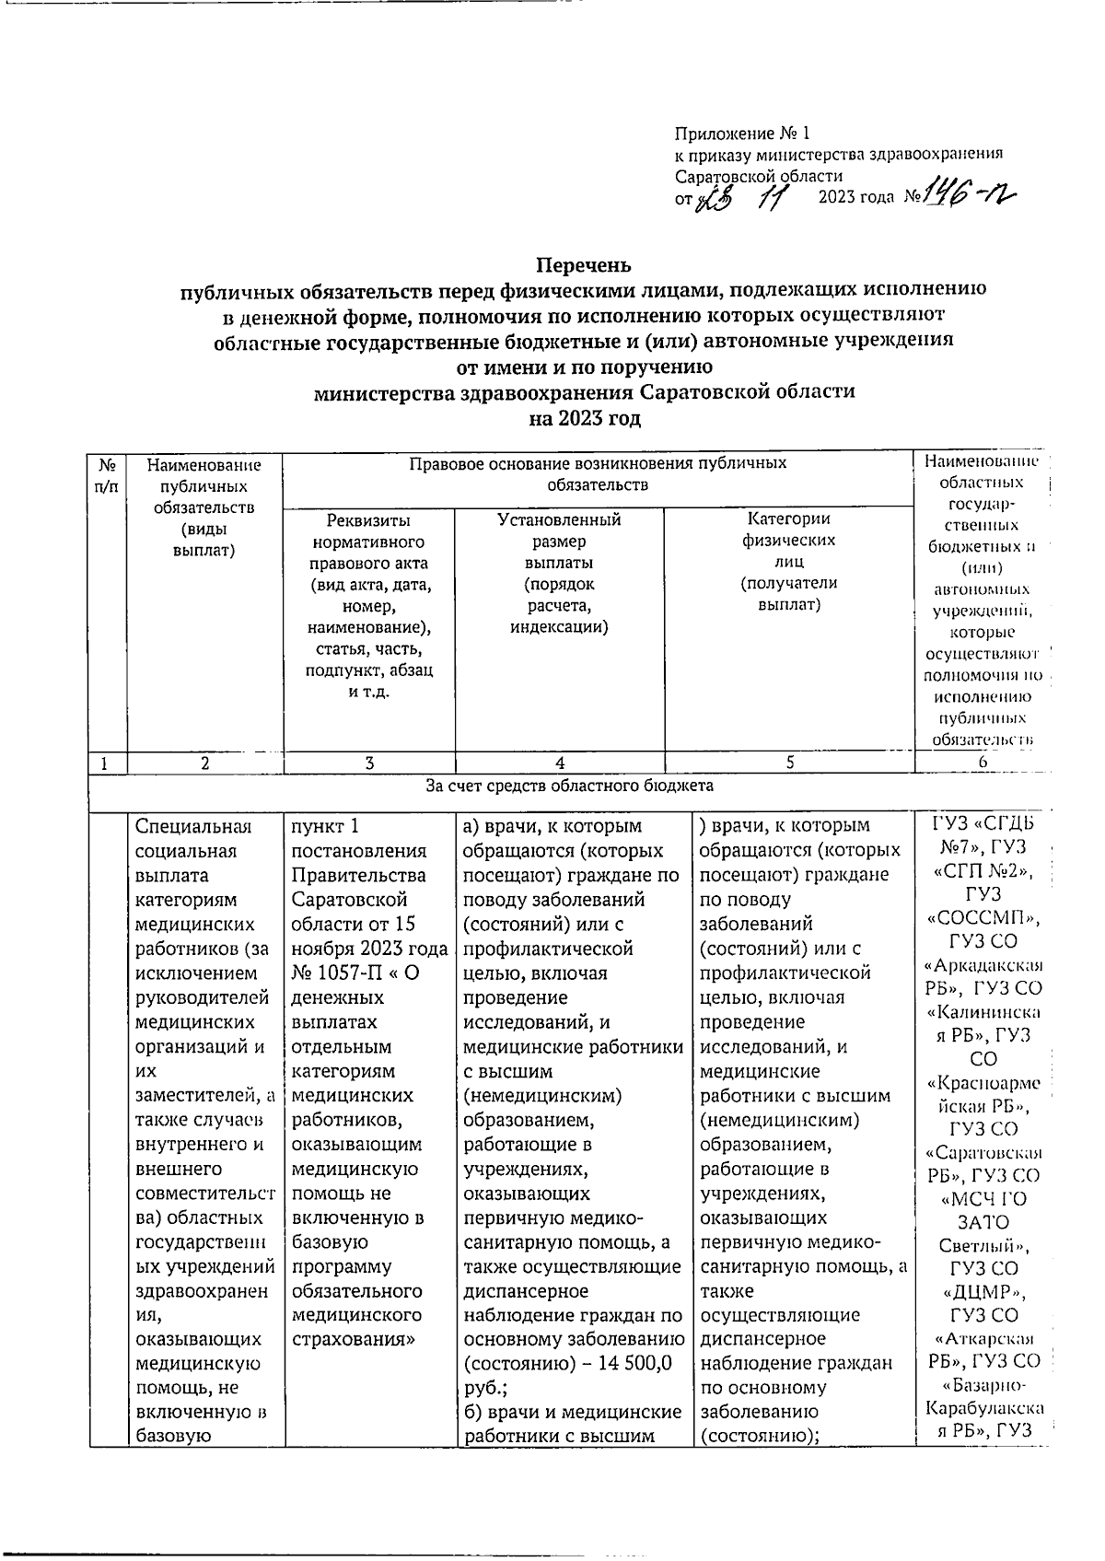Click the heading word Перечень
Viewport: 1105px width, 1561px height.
click(584, 265)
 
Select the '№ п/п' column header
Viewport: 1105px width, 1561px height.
click(107, 475)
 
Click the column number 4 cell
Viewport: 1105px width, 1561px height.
click(559, 763)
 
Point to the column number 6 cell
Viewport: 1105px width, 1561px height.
click(983, 763)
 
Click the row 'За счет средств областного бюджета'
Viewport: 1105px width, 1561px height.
click(569, 786)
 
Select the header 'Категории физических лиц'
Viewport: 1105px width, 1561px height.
click(789, 562)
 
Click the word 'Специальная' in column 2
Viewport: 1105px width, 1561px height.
click(192, 826)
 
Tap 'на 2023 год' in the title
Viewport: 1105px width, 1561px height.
click(584, 419)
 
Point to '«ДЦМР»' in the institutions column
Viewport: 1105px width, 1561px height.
click(983, 1292)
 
